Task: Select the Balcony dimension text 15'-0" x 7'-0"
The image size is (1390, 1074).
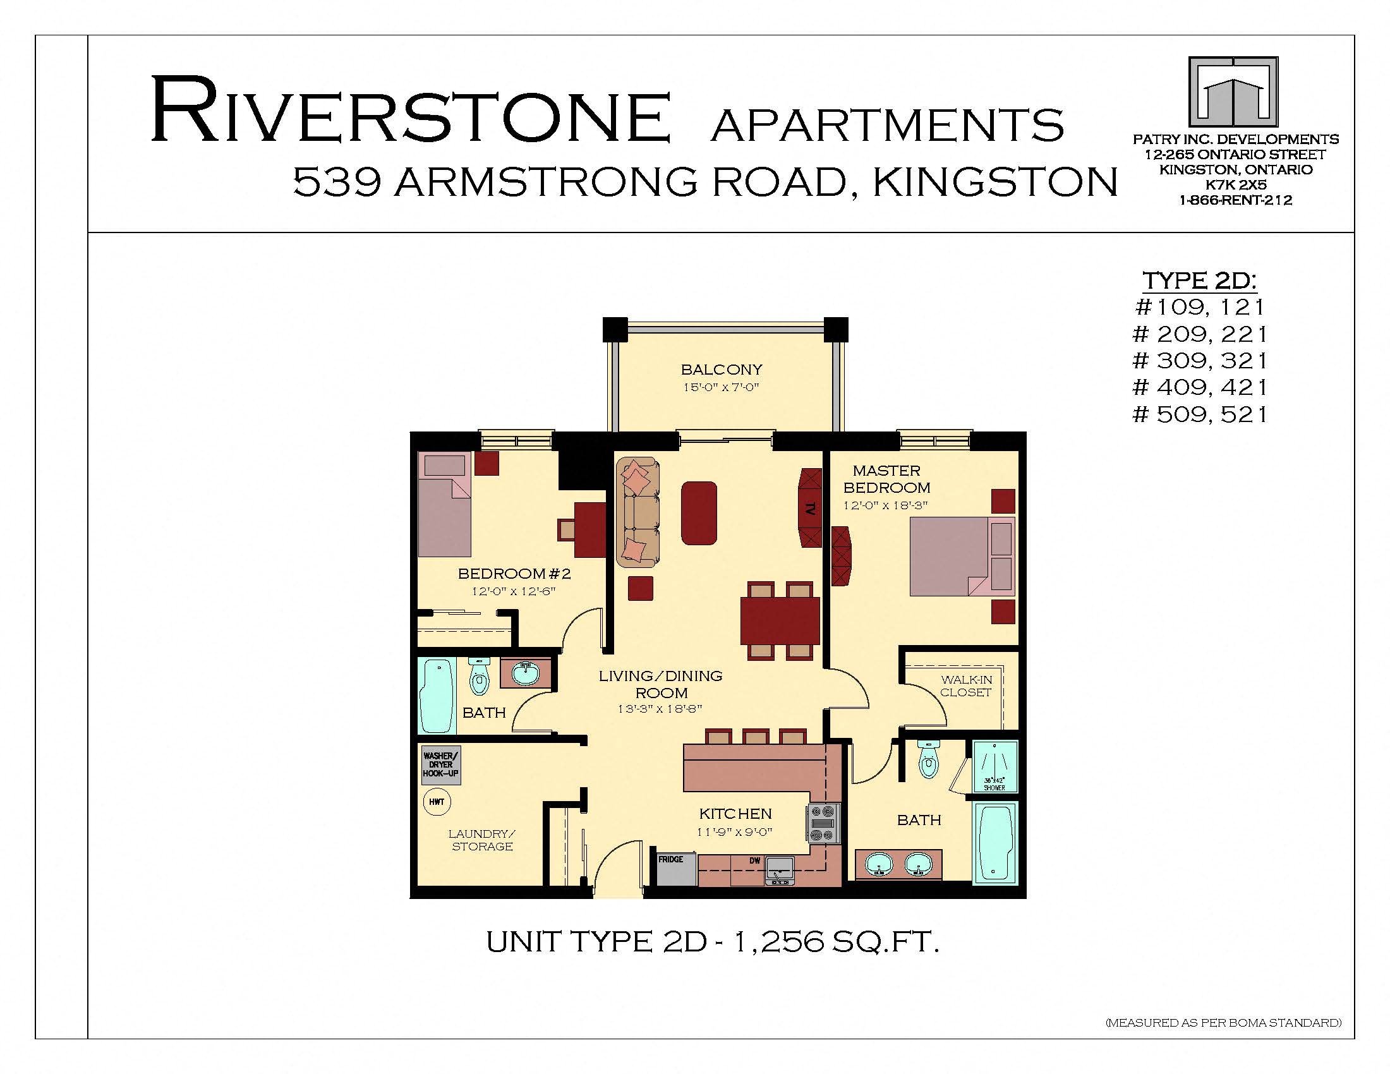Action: (721, 387)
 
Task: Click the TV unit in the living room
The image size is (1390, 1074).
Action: (809, 509)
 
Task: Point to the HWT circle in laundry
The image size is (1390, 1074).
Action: (437, 802)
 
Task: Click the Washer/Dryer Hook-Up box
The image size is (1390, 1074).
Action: (440, 765)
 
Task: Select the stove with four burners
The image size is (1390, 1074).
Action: (823, 824)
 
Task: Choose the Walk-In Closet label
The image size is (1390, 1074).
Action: (965, 686)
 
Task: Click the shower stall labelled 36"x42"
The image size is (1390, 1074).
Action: (994, 766)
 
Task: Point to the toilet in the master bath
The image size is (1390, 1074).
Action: (929, 759)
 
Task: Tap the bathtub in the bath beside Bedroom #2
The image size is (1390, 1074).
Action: (437, 696)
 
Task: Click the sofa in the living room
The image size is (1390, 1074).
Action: (638, 512)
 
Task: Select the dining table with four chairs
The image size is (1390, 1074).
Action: (780, 620)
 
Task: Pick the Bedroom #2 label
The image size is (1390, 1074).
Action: (514, 574)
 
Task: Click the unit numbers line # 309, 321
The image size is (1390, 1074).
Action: (1200, 361)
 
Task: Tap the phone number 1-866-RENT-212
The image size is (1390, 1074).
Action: (1235, 200)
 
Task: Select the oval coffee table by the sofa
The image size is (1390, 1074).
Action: (699, 513)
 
